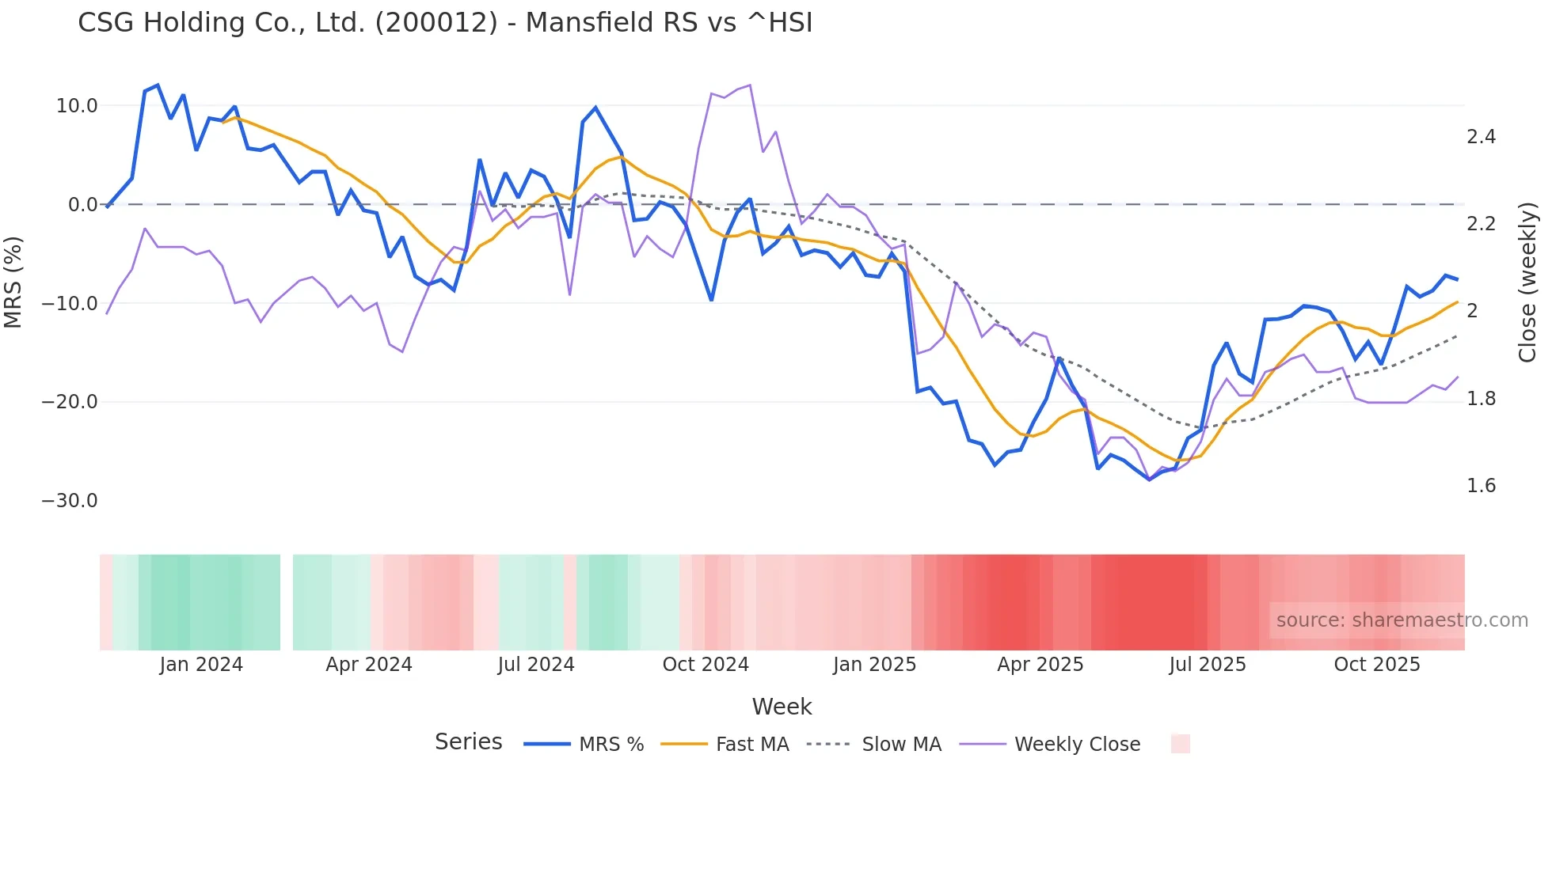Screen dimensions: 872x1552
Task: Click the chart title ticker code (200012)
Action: [436, 23]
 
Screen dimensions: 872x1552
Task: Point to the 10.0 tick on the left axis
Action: [77, 106]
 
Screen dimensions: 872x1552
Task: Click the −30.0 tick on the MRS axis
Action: [70, 501]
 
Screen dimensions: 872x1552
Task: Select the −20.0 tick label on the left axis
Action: [70, 402]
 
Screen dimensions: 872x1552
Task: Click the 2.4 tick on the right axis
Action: [1481, 137]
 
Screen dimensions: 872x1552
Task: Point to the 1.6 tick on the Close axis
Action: [1481, 486]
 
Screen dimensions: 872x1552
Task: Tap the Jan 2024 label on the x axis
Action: [201, 665]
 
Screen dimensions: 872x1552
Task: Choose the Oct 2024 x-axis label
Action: [706, 665]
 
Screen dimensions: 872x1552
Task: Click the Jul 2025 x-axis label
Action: [1208, 665]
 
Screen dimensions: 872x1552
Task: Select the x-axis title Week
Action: [782, 707]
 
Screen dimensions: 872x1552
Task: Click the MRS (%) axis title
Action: [13, 282]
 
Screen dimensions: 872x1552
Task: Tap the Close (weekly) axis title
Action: [1527, 282]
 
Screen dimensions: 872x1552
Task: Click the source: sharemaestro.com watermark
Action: [1402, 620]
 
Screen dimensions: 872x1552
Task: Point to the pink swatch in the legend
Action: [1180, 744]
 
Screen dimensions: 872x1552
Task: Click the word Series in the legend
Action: [468, 742]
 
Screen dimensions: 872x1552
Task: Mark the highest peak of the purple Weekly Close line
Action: [749, 85]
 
